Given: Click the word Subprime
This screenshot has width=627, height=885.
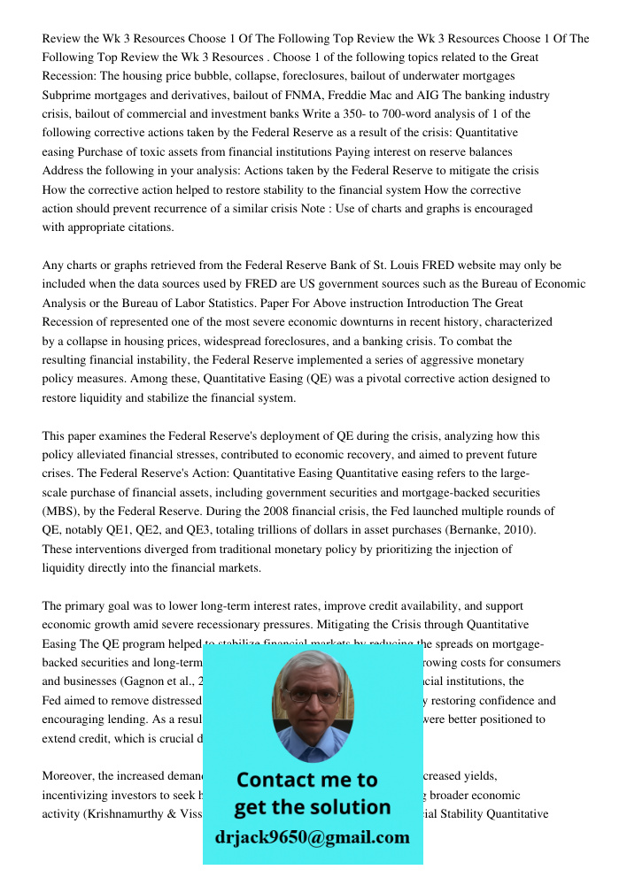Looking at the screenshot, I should (x=67, y=95).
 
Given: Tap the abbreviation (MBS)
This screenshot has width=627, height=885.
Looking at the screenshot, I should (x=64, y=512).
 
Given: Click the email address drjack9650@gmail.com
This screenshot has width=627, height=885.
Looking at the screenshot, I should (x=312, y=836).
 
